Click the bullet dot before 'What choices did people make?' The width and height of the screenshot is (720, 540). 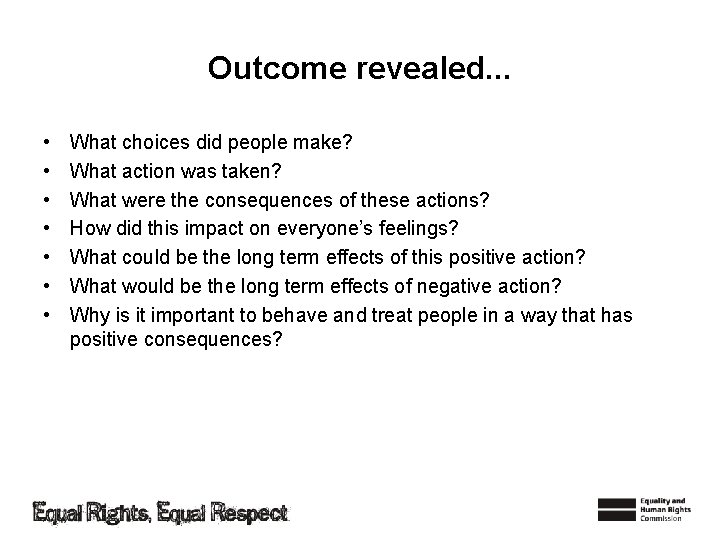click(48, 143)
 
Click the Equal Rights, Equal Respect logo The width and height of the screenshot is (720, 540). click(160, 513)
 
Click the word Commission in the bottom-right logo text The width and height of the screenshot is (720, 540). click(662, 519)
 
